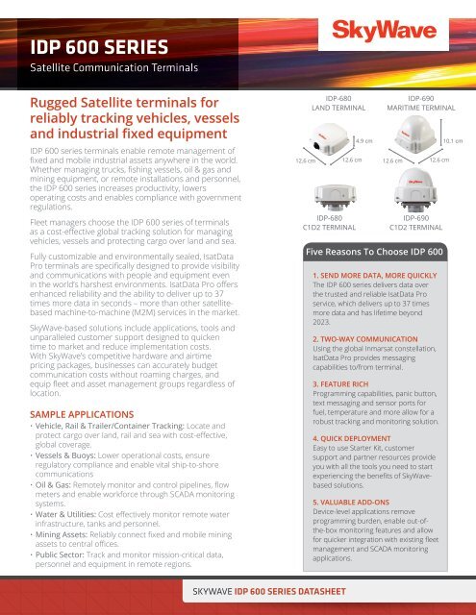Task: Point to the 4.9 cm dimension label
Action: point(364,140)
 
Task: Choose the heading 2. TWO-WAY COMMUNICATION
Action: point(351,340)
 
